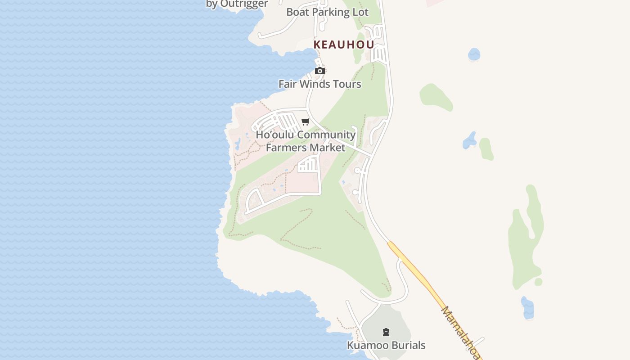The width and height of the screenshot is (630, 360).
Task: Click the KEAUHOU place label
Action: click(344, 45)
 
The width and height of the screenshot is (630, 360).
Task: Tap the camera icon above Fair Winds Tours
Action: click(320, 71)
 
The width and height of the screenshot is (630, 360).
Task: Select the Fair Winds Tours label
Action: click(319, 84)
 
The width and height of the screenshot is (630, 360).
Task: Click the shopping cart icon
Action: click(306, 121)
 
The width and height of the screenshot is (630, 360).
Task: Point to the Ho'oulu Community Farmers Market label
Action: click(306, 141)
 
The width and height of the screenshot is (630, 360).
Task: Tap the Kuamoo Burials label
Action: click(386, 345)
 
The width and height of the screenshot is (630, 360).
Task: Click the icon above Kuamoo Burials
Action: click(386, 332)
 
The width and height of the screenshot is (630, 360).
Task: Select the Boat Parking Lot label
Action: click(327, 12)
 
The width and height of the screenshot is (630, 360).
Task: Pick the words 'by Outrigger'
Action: click(237, 4)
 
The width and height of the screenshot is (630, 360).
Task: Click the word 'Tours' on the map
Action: click(346, 84)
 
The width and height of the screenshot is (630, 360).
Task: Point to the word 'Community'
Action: click(326, 135)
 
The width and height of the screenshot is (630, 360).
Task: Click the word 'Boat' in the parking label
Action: click(297, 12)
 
